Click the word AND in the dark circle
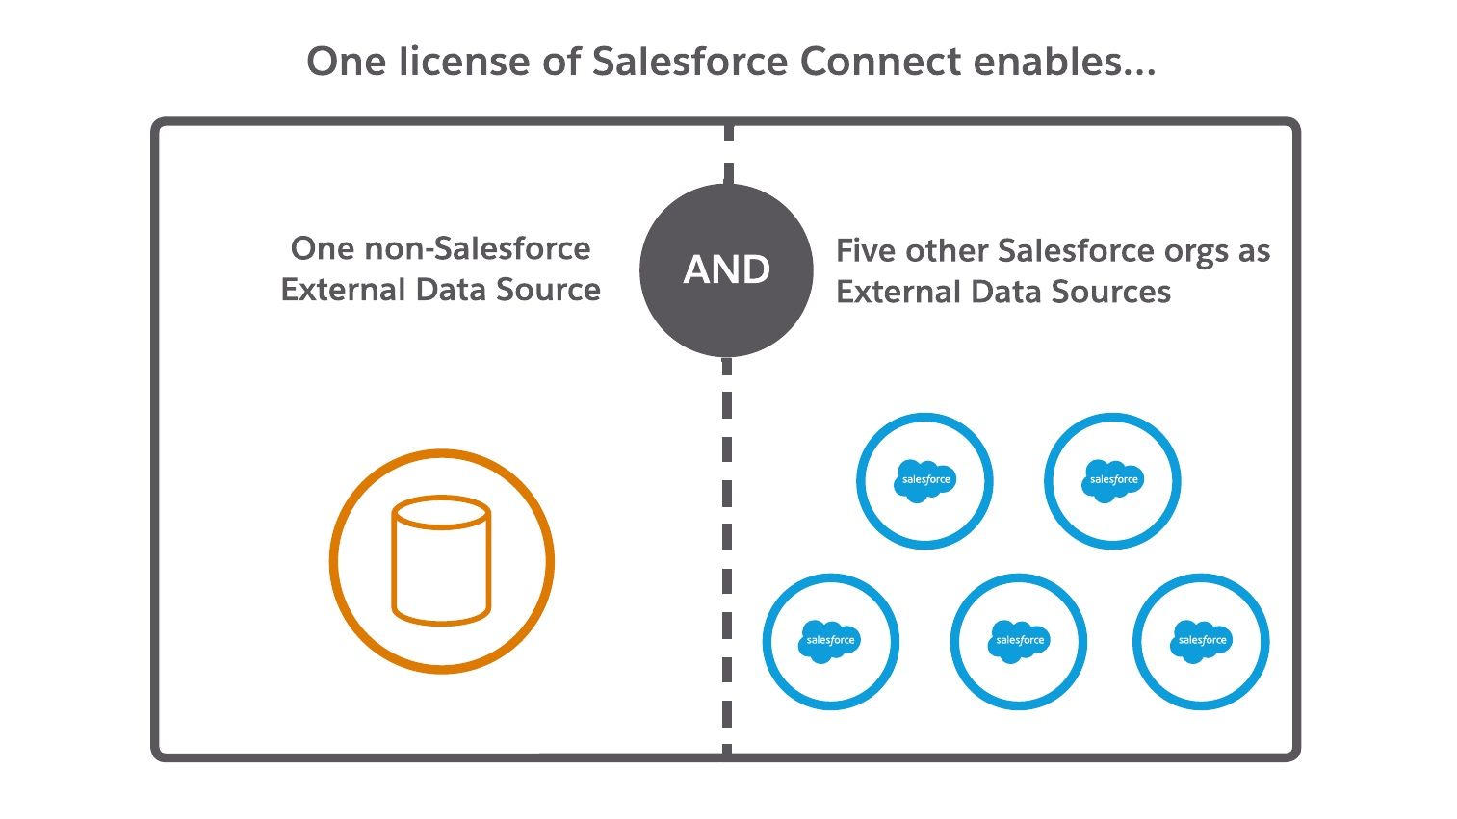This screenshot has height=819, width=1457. click(x=726, y=269)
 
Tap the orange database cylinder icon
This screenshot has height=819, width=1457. click(x=441, y=561)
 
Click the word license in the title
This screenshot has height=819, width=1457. click(x=478, y=62)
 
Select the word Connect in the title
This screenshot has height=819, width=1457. click(x=880, y=62)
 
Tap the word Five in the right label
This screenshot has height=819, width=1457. click(x=866, y=250)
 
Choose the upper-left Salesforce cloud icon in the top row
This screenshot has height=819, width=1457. click(x=924, y=480)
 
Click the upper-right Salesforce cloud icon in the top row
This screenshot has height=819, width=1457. click(x=1112, y=480)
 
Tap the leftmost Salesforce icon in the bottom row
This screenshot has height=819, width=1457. click(x=830, y=641)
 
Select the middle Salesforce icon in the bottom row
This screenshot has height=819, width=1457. click(x=1019, y=641)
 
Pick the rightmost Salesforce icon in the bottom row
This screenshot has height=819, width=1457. click(x=1201, y=641)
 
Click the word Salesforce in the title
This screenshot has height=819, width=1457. click(x=689, y=62)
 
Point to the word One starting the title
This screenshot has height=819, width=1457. click(x=339, y=62)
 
